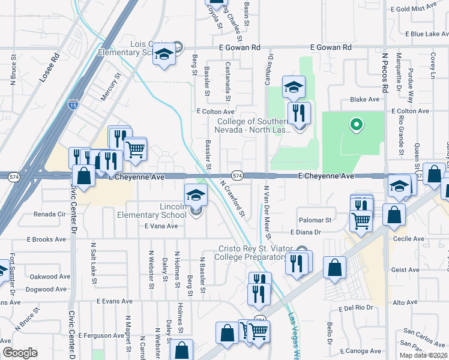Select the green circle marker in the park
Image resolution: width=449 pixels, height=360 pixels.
[356, 125]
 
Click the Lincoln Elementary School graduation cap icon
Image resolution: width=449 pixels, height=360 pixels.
[196, 195]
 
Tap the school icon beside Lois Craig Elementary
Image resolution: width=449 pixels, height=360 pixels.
[163, 54]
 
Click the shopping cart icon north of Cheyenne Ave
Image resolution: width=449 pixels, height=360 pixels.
[136, 148]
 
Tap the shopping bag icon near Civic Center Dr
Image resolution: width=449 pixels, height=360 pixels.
[83, 176]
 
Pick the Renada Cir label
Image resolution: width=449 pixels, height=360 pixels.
[49, 214]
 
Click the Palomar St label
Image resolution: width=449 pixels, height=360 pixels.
[319, 220]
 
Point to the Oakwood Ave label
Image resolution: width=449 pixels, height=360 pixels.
[50, 277]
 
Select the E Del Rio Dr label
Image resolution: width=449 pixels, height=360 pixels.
[355, 307]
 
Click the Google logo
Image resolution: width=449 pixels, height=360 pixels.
[20, 353]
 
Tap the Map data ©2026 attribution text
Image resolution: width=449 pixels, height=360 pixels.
[423, 355]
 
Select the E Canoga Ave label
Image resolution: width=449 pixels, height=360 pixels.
[360, 351]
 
